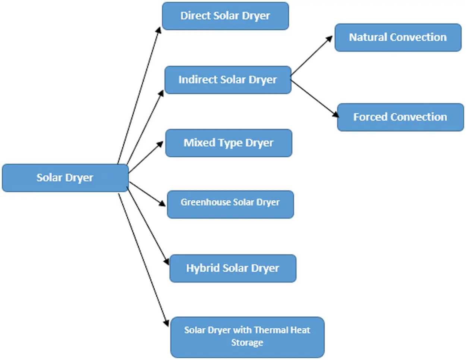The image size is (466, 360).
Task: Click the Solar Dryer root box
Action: tap(65, 178)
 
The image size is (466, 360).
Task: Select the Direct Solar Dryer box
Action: tap(225, 16)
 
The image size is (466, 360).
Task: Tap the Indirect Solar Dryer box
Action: tap(227, 80)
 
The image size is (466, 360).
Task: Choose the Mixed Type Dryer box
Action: tap(229, 143)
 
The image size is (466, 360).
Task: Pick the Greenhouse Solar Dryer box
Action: tap(230, 204)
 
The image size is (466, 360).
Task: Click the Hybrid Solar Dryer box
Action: tap(233, 268)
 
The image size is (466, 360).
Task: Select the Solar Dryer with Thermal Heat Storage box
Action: tap(247, 337)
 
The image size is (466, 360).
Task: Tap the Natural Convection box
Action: tap(398, 37)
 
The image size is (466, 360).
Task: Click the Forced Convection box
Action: tap(400, 117)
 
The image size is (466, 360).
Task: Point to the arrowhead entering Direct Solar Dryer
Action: tap(159, 30)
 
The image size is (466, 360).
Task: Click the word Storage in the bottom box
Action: tap(247, 342)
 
